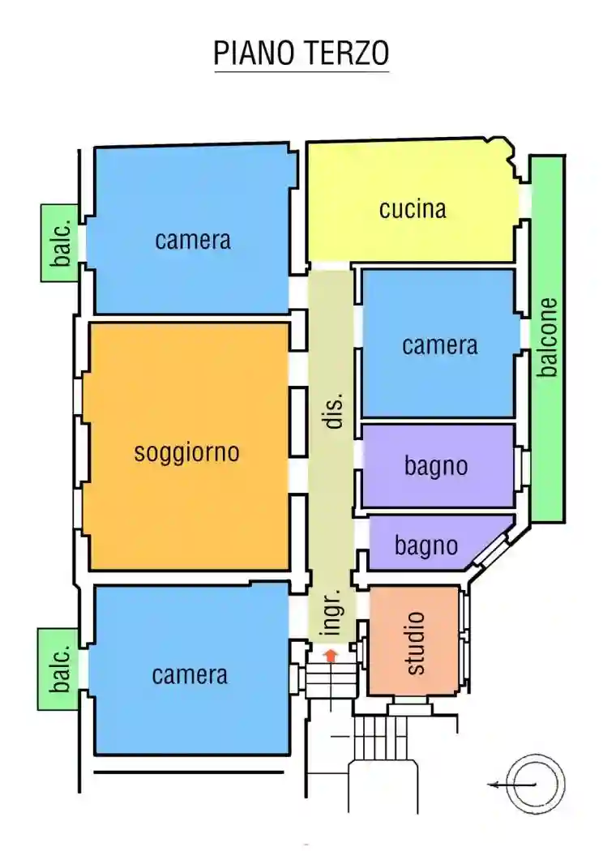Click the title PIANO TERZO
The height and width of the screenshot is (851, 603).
(301, 53)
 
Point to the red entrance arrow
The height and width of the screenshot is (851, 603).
(331, 655)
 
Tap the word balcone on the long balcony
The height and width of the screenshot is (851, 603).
(549, 337)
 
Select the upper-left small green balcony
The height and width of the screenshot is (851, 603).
(60, 242)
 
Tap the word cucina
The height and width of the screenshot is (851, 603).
(413, 209)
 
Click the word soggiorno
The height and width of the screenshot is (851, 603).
(186, 451)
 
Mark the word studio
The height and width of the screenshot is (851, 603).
(414, 644)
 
